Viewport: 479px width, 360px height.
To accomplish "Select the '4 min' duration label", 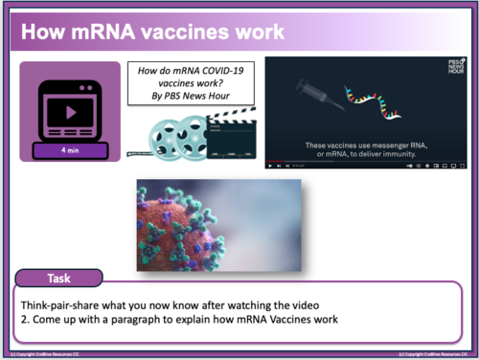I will pos(70,150).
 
